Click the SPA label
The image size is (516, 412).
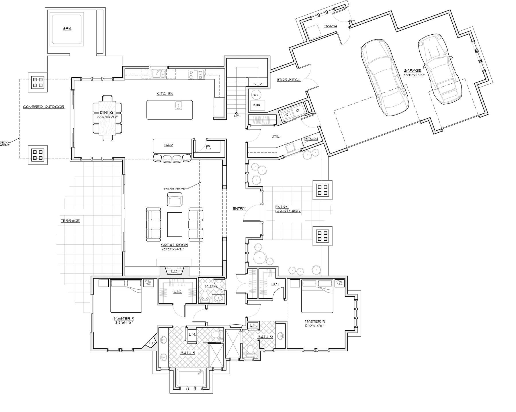67,29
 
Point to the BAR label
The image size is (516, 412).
168,145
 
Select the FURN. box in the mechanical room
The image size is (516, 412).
257,105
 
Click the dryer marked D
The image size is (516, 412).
297,110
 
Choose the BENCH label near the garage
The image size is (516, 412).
311,139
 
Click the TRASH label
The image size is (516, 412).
330,26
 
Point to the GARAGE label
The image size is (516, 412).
412,70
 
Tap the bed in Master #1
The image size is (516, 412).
126,299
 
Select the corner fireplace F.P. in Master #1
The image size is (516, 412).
151,342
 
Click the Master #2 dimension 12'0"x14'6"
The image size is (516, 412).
314,326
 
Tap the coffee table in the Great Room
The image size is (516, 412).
175,224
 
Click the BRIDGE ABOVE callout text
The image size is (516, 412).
174,189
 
